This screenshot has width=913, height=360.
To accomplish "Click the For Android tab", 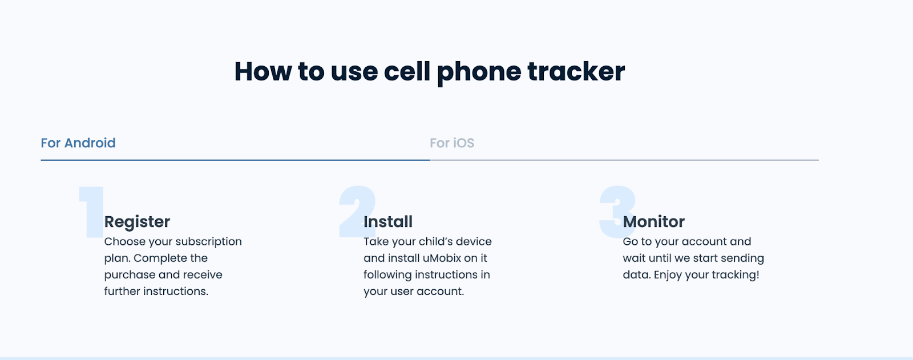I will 78,143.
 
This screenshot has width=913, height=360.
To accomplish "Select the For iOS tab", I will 452,143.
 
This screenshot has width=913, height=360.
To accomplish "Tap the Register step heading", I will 137,221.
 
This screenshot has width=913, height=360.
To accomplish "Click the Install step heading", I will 388,221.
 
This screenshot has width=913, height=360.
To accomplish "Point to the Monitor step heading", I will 653,221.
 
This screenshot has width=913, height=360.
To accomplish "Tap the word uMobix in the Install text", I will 442,258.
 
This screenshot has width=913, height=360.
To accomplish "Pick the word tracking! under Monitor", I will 736,275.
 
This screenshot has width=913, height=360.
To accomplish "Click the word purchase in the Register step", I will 130,275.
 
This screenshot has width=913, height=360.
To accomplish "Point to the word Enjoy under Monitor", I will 668,275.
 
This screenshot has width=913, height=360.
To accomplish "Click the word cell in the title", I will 407,72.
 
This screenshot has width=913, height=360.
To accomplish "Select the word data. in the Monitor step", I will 636,275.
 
